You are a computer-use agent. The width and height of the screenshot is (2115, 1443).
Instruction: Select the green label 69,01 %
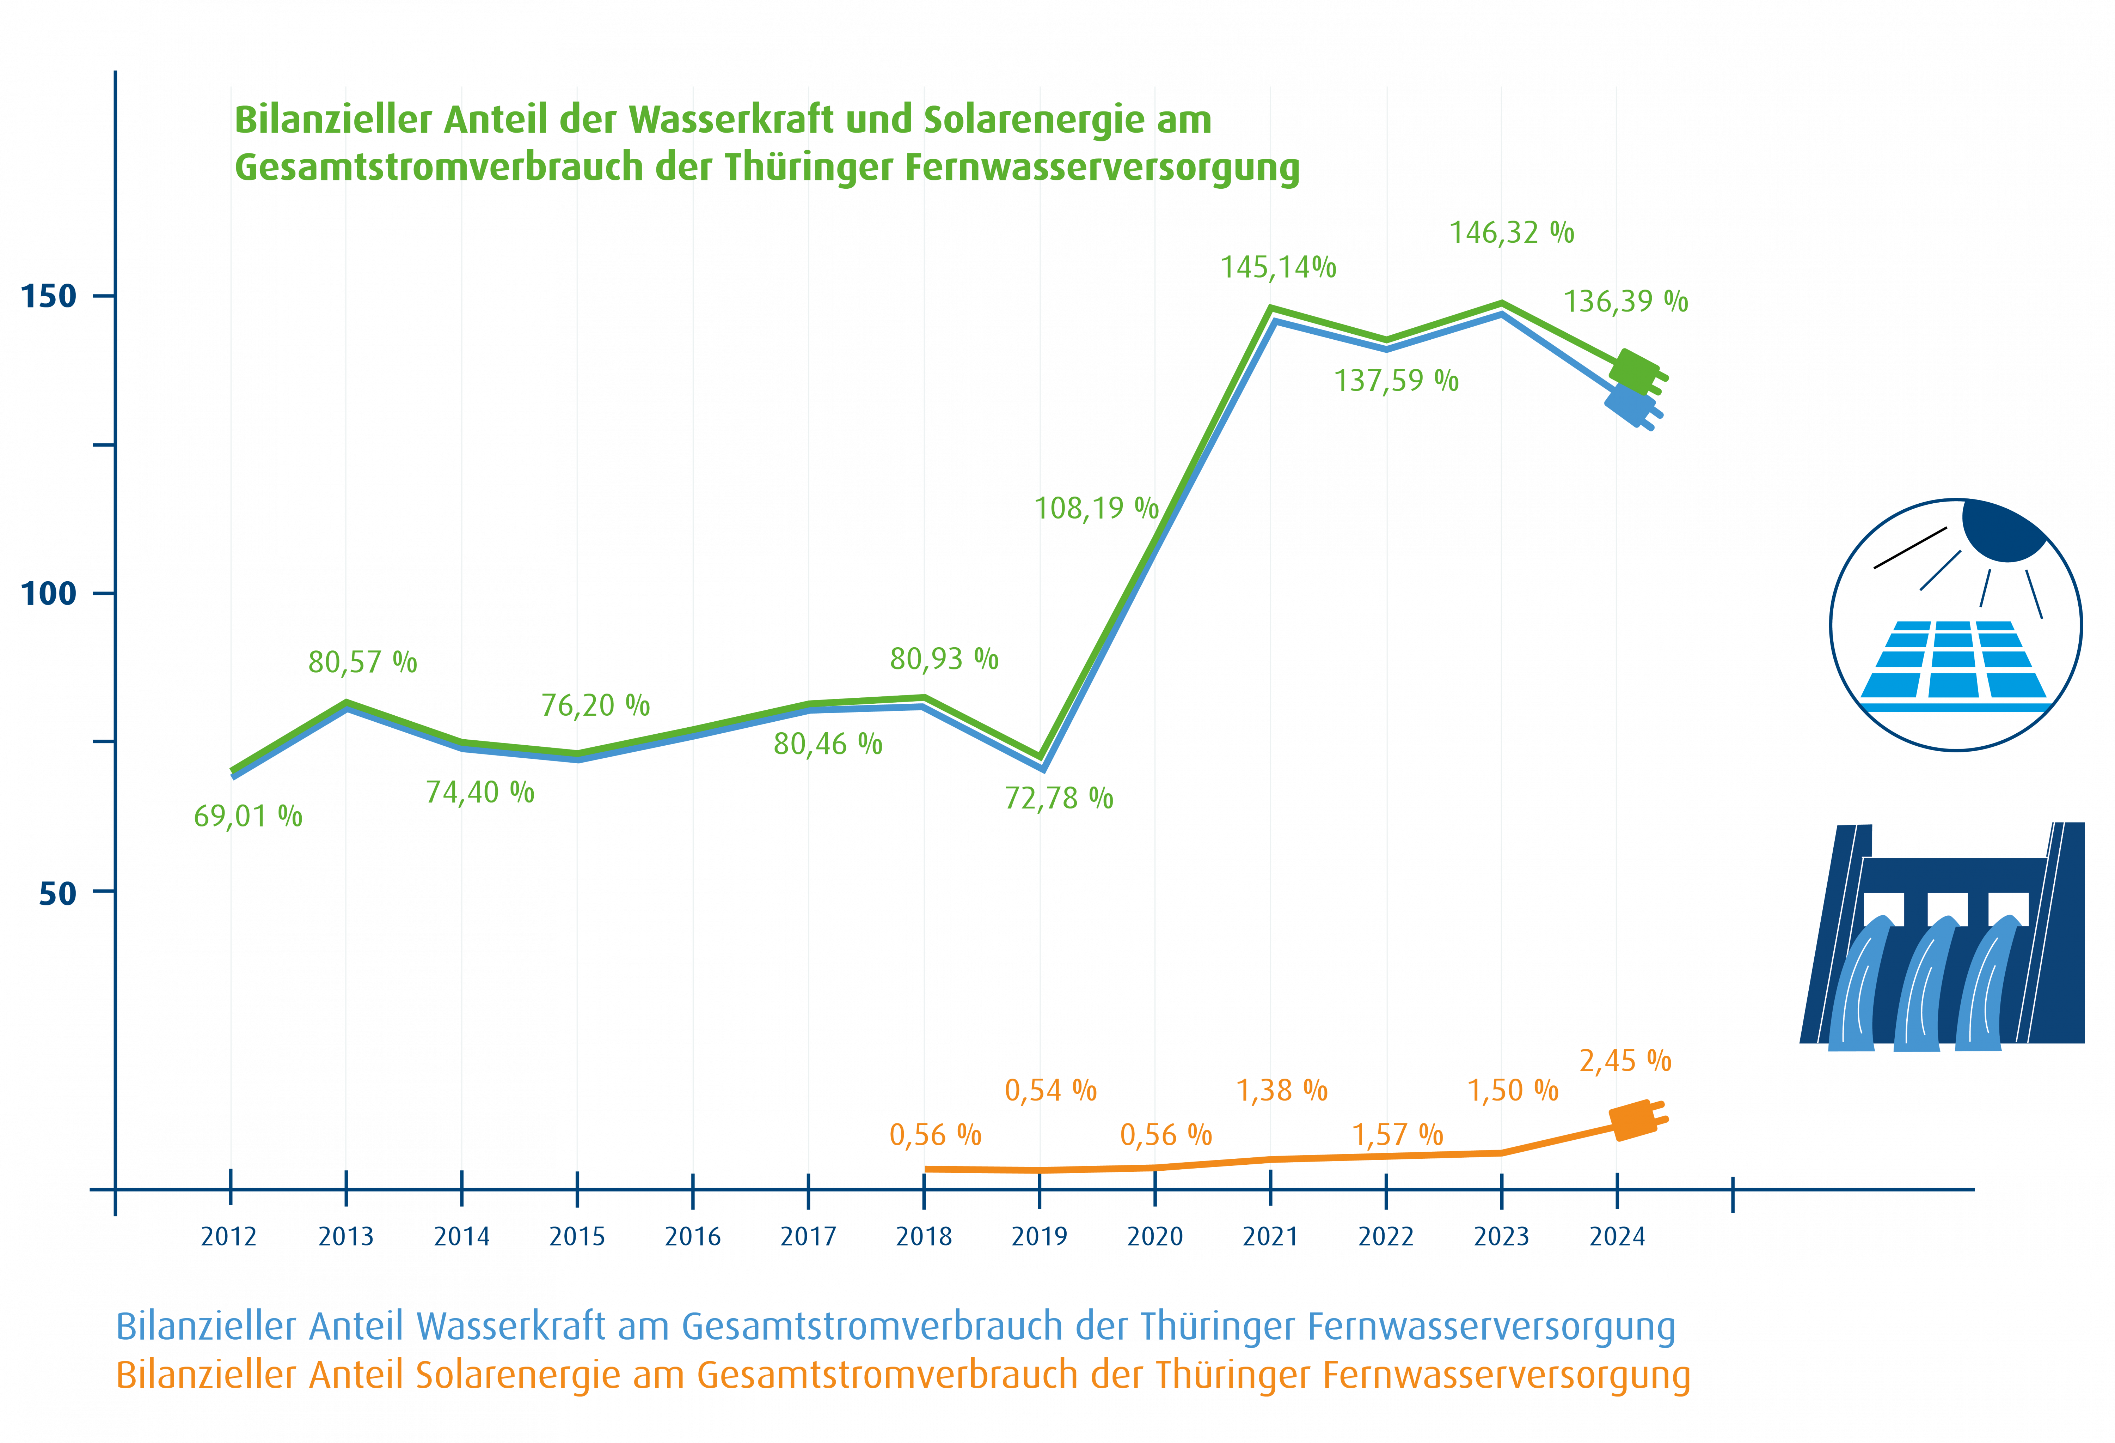click(247, 816)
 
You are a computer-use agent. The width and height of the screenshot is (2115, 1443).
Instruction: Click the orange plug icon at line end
click(1638, 1122)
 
